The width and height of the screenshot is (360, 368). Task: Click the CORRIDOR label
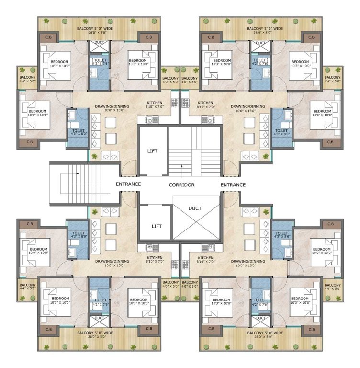point(182,184)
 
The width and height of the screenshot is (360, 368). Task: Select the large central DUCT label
point(195,208)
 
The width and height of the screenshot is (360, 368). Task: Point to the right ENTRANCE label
point(233,184)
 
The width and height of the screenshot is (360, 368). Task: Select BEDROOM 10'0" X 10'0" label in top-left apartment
point(37,112)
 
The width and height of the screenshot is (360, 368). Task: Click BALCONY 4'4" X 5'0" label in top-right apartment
point(332,80)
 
